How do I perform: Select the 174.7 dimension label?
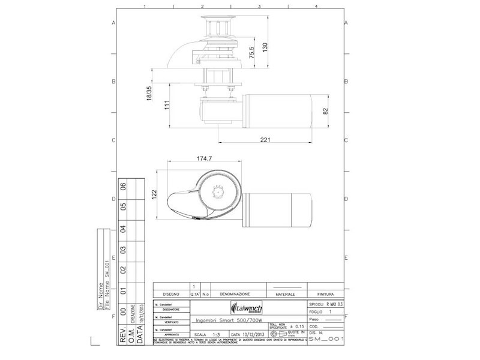(x=205, y=158)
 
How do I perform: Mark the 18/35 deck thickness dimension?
(x=149, y=95)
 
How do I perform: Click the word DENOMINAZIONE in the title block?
(x=234, y=295)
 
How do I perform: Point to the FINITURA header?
(x=326, y=295)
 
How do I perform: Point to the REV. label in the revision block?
(x=124, y=335)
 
